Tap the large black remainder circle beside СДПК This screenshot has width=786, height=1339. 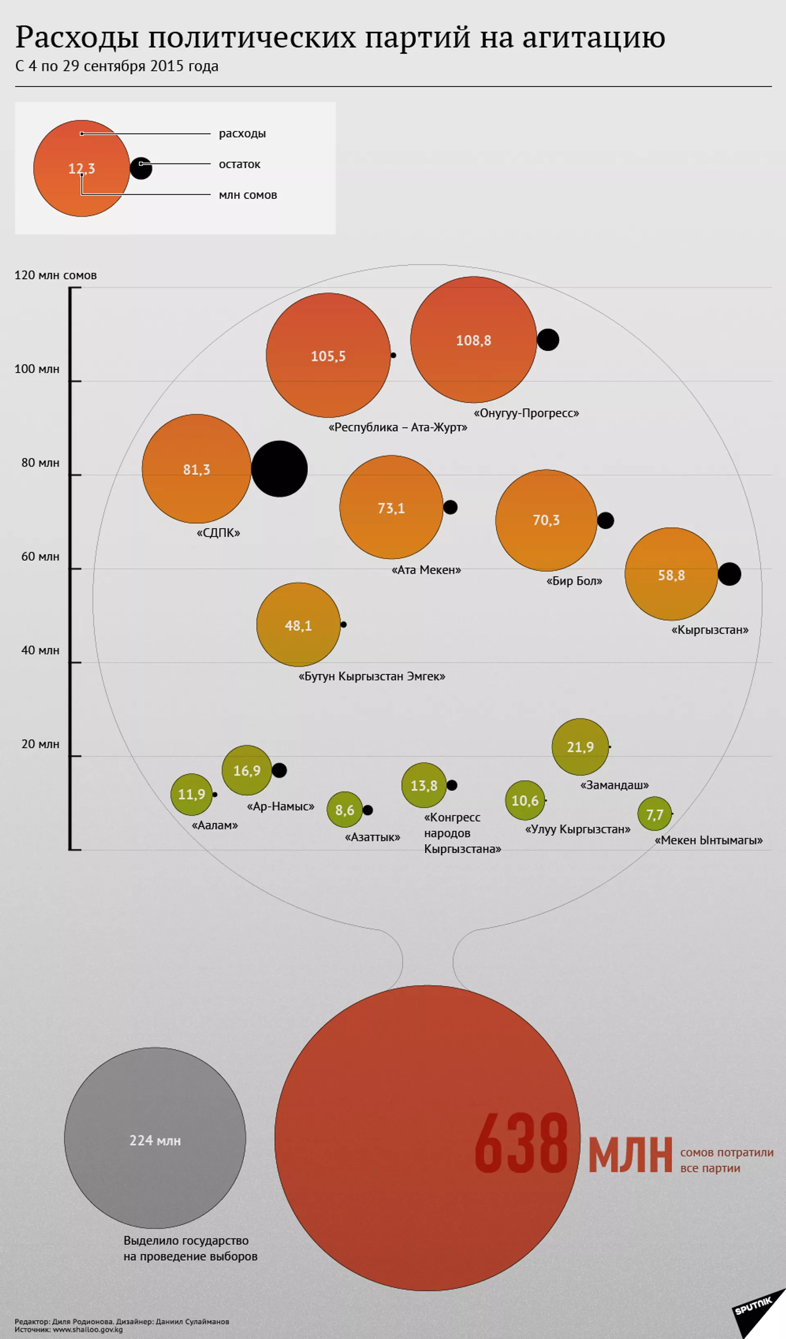(x=279, y=469)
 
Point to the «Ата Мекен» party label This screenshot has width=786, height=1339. (x=426, y=569)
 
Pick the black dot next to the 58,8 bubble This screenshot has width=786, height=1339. (x=729, y=574)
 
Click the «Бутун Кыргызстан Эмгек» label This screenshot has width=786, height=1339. (x=371, y=676)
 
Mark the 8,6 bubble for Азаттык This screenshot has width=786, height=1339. (x=344, y=810)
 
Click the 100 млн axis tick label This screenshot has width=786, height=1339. (x=37, y=369)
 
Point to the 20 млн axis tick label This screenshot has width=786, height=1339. (x=40, y=744)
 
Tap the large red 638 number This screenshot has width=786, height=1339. (x=521, y=1143)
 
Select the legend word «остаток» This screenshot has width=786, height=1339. (x=239, y=164)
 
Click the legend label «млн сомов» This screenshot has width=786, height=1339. (x=248, y=195)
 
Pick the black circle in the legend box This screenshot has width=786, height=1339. (x=141, y=168)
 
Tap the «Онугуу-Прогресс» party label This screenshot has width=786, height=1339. (x=526, y=413)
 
